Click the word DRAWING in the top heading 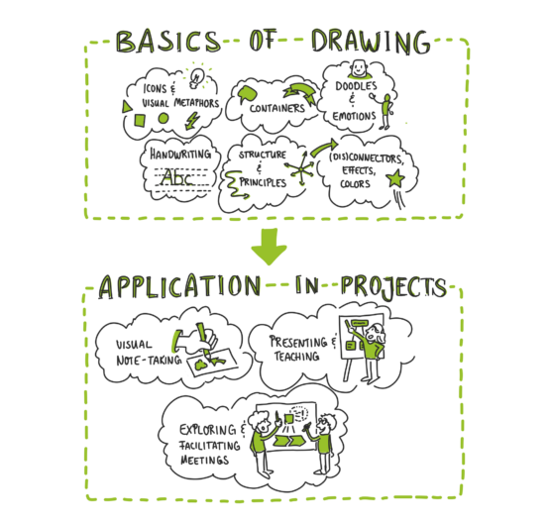point(371,42)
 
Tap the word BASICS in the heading point(168,42)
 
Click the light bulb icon point(196,78)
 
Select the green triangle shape point(127,106)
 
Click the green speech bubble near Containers point(248,93)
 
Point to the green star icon point(395,178)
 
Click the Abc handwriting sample point(177,177)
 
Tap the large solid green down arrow point(269,246)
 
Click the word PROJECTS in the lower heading point(393,285)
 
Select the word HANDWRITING point(180,154)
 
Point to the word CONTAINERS point(277,108)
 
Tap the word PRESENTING point(298,342)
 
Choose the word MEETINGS point(204,460)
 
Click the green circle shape point(164,118)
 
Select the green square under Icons point(140,120)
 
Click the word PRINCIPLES point(263,182)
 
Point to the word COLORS point(355,183)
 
